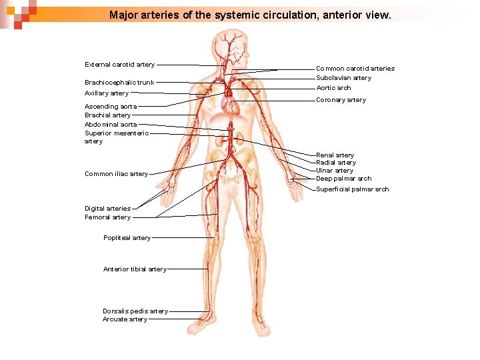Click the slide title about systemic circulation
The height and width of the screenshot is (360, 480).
pos(250,14)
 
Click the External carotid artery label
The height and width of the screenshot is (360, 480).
pos(119,65)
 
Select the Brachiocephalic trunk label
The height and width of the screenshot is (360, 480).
pos(119,83)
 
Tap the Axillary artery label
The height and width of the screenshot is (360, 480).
pos(107,93)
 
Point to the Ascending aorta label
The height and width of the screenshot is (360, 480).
pos(111,107)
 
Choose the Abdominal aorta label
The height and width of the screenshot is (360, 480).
pos(111,125)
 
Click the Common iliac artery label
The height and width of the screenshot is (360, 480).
pos(116,174)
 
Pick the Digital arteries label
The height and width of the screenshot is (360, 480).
pos(107,209)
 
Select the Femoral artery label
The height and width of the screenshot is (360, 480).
pos(107,217)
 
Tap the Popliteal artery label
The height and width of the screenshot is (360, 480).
pos(127,238)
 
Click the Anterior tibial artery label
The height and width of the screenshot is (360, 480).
pos(135,269)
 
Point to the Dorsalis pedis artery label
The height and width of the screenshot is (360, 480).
pos(135,311)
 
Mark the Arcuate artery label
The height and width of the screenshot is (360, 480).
pos(125,319)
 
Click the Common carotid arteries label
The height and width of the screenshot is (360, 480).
pos(355,69)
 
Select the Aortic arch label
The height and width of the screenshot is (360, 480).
pos(333,88)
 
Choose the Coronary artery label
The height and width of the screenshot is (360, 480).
pos(341,100)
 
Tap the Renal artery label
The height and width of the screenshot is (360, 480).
pos(335,155)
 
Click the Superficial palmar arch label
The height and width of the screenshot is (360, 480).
pos(352,189)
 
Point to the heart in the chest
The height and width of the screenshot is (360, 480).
pos(230,105)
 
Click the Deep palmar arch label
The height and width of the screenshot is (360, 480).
pos(343,179)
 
